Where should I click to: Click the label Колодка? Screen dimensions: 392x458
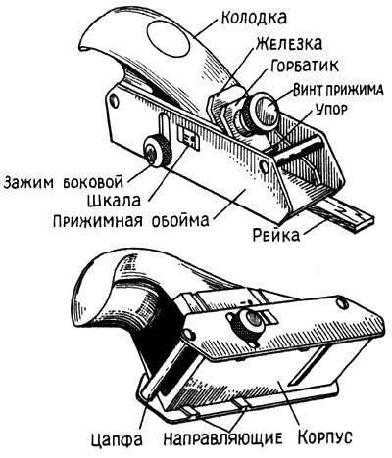[x=254, y=18]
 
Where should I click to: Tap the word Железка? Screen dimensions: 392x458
[x=289, y=43]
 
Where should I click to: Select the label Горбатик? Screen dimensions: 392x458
[x=305, y=66]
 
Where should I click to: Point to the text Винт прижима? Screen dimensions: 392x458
[x=338, y=90]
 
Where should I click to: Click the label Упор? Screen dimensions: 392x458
[x=330, y=110]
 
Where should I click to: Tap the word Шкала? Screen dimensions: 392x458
[x=114, y=201]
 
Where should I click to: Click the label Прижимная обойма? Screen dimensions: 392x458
[x=130, y=221]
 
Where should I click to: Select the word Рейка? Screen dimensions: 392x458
[x=276, y=235]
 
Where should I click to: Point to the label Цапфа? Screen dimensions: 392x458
[x=117, y=438]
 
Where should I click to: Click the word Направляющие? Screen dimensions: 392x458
[x=222, y=438]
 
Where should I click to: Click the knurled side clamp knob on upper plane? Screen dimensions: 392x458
[x=157, y=152]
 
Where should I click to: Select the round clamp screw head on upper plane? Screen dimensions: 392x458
[x=267, y=107]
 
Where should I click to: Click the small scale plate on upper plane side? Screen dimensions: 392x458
[x=188, y=138]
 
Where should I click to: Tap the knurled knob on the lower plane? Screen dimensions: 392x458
[x=248, y=325]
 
